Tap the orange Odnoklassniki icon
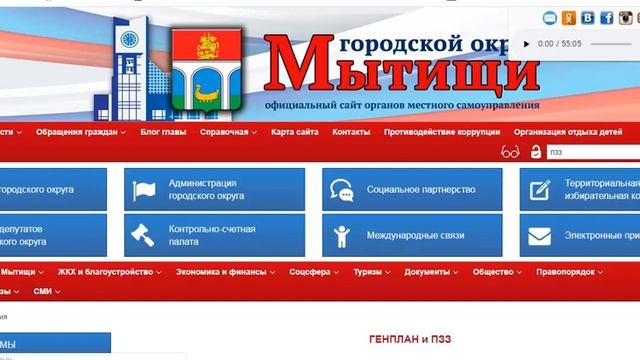[x=569, y=17]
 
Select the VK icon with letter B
[x=586, y=17]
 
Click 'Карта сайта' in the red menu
[x=294, y=131]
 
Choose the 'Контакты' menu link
[x=351, y=131]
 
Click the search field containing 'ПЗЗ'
[x=590, y=152]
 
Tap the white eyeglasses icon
[x=511, y=152]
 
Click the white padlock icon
[x=535, y=152]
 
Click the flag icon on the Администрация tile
[x=143, y=190]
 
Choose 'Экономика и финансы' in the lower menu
[x=222, y=271]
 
